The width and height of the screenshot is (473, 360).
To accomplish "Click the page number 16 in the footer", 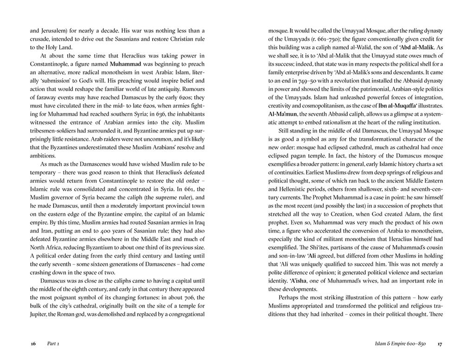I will [x=33, y=344].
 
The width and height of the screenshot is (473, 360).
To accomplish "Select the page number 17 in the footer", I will [x=440, y=344].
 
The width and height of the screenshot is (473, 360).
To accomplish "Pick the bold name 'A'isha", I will [x=301, y=281].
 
